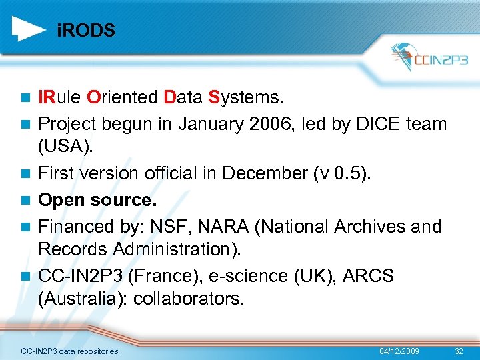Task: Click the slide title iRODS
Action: pos(86,31)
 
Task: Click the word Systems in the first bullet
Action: pos(246,99)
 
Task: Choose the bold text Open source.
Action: pos(94,200)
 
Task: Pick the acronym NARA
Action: pos(231,227)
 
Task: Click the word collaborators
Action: pos(189,299)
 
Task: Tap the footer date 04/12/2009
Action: pos(399,351)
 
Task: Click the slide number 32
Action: pos(458,351)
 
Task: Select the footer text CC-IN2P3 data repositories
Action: pos(69,351)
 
